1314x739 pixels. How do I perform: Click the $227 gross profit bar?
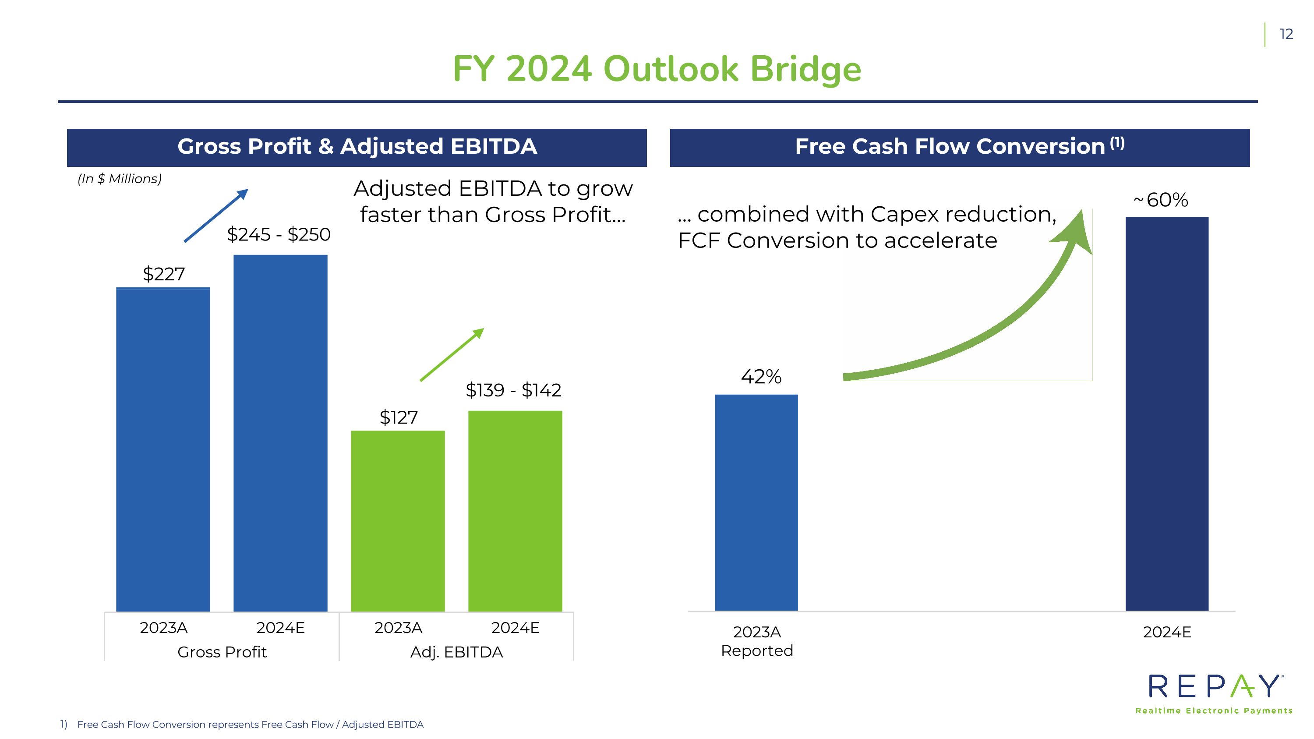point(163,449)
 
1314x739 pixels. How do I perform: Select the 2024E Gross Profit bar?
point(281,433)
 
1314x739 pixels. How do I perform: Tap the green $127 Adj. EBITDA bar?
point(398,521)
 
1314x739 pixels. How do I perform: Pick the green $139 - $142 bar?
point(515,511)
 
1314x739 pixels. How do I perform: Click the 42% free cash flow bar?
point(756,502)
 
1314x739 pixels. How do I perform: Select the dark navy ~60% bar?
point(1167,414)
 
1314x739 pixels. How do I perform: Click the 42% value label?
point(761,377)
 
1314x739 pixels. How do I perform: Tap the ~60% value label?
point(1160,200)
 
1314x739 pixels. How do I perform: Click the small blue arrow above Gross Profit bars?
point(216,215)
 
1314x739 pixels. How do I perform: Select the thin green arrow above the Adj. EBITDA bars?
point(452,354)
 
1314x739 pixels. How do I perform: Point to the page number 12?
point(1286,34)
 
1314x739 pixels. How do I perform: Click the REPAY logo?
point(1215,693)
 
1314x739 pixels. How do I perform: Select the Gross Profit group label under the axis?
point(222,652)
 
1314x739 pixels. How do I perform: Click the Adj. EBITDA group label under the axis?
point(456,652)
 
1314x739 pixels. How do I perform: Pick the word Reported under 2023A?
point(757,651)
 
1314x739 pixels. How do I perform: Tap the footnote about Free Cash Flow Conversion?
point(242,725)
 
